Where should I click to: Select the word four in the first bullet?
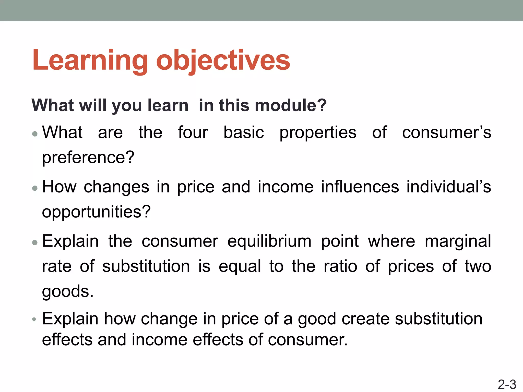(193, 132)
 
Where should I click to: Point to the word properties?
(318, 133)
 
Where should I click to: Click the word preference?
(88, 157)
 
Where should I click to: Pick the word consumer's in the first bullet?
(446, 132)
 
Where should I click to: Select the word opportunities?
(96, 212)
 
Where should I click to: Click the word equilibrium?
(269, 241)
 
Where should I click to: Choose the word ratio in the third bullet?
(340, 266)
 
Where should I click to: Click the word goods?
(68, 291)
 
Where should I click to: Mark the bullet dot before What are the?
(35, 134)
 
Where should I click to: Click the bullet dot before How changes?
(35, 188)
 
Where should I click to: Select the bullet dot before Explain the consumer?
(35, 242)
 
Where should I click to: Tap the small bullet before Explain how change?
(34, 319)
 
